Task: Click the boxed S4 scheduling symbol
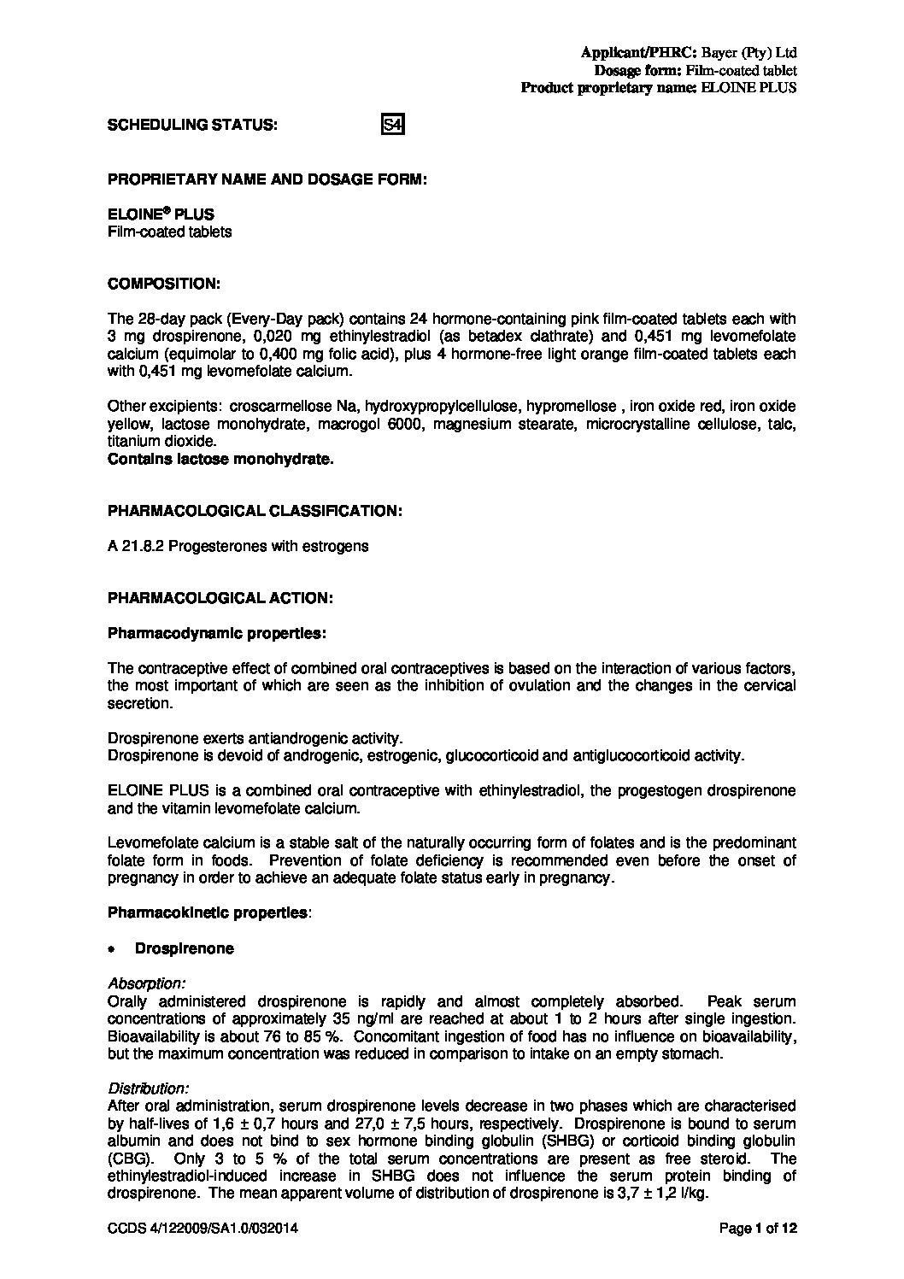click(392, 126)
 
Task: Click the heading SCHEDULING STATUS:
click(192, 125)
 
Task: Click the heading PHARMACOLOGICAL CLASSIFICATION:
click(255, 510)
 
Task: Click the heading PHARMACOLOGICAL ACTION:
click(220, 598)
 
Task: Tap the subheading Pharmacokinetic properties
click(208, 912)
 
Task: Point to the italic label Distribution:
click(149, 1088)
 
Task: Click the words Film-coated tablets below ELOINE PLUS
click(170, 232)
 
